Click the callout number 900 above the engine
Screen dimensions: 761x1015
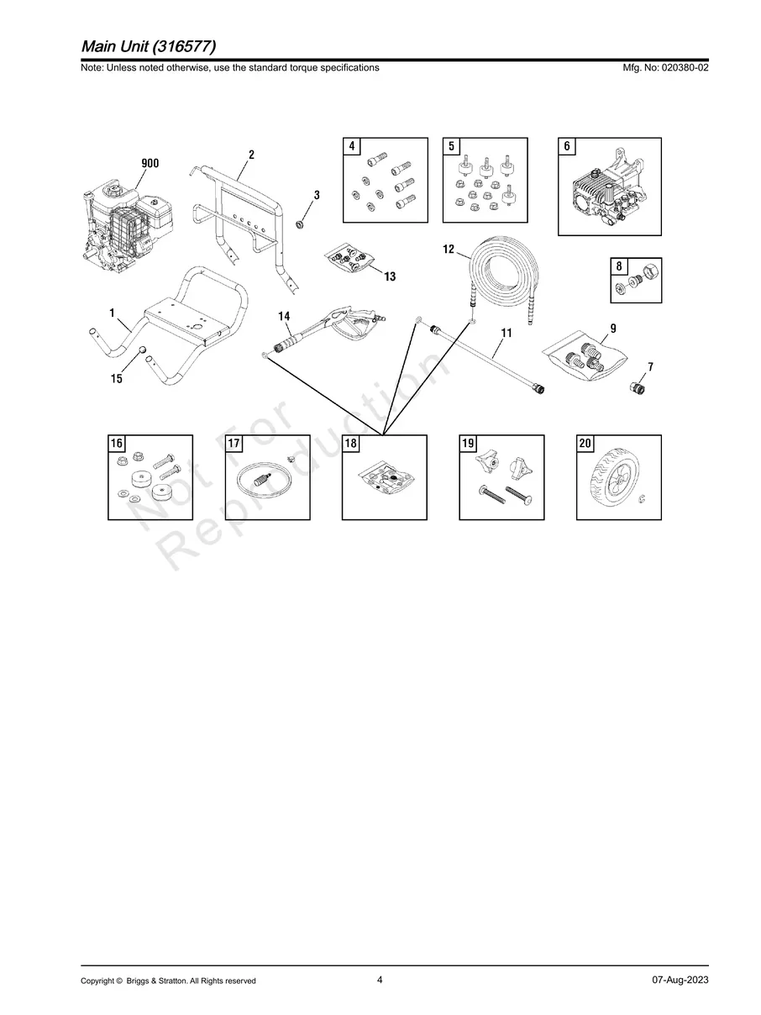[150, 163]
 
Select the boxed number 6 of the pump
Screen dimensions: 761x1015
[567, 146]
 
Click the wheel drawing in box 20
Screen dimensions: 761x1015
[614, 477]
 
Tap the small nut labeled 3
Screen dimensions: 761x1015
[299, 225]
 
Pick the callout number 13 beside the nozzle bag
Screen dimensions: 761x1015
[390, 276]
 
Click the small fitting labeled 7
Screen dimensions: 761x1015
[638, 387]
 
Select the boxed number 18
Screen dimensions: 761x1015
[351, 443]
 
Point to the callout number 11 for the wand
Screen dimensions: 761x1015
[506, 333]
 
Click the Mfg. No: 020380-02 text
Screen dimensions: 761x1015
[665, 67]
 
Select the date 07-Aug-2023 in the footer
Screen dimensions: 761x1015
[680, 980]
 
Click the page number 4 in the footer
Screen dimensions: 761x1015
[380, 980]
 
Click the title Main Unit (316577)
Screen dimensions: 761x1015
[149, 46]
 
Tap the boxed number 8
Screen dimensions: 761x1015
[619, 266]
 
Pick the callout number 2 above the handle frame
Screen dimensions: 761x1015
[251, 155]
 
